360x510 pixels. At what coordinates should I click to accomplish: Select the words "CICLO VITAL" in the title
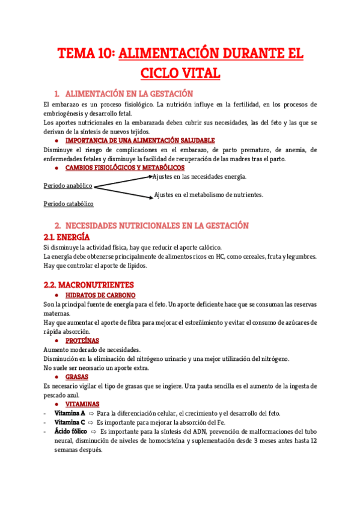180,73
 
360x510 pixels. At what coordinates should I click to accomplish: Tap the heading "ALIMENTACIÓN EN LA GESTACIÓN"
129,94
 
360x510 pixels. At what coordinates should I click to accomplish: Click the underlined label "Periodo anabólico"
68,186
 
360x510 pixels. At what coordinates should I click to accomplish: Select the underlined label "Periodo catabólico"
69,204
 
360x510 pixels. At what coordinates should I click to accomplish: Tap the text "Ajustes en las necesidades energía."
200,177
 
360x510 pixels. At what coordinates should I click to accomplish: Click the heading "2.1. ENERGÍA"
71,238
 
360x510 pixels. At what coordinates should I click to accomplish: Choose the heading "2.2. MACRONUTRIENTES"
89,284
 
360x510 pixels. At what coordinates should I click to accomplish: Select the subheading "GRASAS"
77,377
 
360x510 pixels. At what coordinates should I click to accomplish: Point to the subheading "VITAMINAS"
82,404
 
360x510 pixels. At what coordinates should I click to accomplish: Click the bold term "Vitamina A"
70,413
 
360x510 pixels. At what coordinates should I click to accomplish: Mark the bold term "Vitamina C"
70,422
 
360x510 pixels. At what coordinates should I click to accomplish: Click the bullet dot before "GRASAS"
56,377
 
